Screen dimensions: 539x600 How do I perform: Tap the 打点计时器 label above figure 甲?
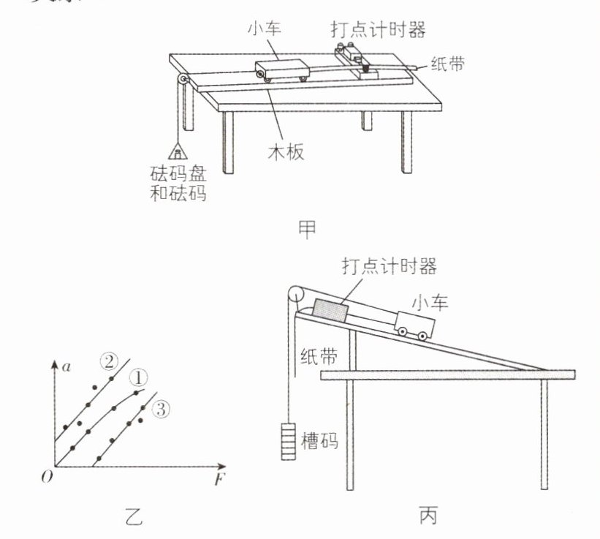coord(376,30)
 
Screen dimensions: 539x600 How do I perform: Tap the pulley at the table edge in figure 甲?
coord(181,81)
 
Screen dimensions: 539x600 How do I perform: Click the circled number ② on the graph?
coord(109,361)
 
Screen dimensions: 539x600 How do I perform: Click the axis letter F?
coord(218,480)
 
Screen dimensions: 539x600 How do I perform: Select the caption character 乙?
coord(129,519)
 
